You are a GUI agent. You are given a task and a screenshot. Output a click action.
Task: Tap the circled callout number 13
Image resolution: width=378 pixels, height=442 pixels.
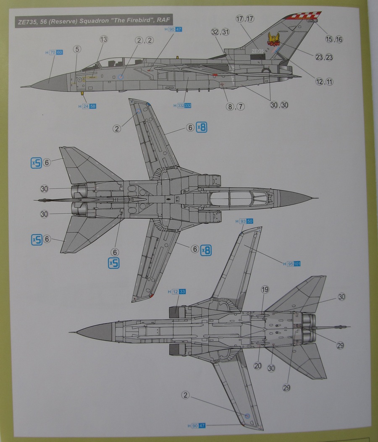click(x=104, y=39)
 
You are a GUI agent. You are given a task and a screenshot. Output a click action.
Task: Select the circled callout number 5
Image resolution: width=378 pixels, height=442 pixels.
click(x=76, y=49)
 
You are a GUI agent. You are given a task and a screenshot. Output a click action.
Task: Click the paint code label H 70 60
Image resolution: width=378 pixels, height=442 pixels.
click(x=53, y=53)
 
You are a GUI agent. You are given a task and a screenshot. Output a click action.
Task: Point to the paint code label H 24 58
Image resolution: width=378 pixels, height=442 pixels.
click(x=87, y=107)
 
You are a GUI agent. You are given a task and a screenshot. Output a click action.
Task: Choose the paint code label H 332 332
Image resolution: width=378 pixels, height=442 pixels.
click(x=182, y=106)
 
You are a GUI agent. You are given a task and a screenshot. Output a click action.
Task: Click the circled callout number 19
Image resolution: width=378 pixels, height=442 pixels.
click(x=265, y=289)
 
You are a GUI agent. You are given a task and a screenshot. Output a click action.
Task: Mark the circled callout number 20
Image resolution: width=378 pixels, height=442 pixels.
click(x=257, y=366)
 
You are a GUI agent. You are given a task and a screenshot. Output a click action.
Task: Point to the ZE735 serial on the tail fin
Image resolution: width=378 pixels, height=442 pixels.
click(x=258, y=51)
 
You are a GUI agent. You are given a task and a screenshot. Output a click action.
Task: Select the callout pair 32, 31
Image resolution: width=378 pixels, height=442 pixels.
click(x=220, y=32)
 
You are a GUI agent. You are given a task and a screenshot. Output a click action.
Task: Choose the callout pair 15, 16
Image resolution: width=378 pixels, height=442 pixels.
click(x=334, y=39)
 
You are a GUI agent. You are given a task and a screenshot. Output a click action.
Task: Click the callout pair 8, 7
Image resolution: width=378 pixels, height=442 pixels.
click(x=235, y=106)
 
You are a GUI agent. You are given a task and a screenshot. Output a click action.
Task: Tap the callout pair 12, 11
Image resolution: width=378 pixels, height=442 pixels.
click(x=324, y=82)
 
